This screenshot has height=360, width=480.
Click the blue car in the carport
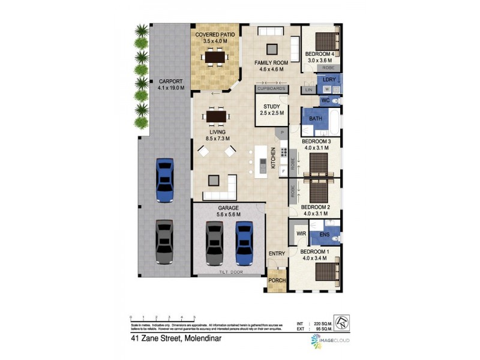coord(164,179)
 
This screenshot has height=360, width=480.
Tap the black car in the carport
coord(164,242)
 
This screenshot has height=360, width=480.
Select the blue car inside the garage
coord(244,243)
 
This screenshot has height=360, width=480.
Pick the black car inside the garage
coord(214,243)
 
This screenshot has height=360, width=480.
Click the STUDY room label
coord(272,107)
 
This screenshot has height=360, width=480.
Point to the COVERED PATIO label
coord(215,35)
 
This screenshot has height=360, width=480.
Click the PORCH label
coord(277,281)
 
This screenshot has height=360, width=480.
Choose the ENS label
coord(325,233)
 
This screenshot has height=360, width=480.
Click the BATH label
coord(316,119)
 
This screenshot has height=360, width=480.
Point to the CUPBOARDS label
coord(271,89)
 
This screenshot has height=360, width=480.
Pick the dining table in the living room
coord(215,115)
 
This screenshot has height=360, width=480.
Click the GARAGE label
coord(228,208)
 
